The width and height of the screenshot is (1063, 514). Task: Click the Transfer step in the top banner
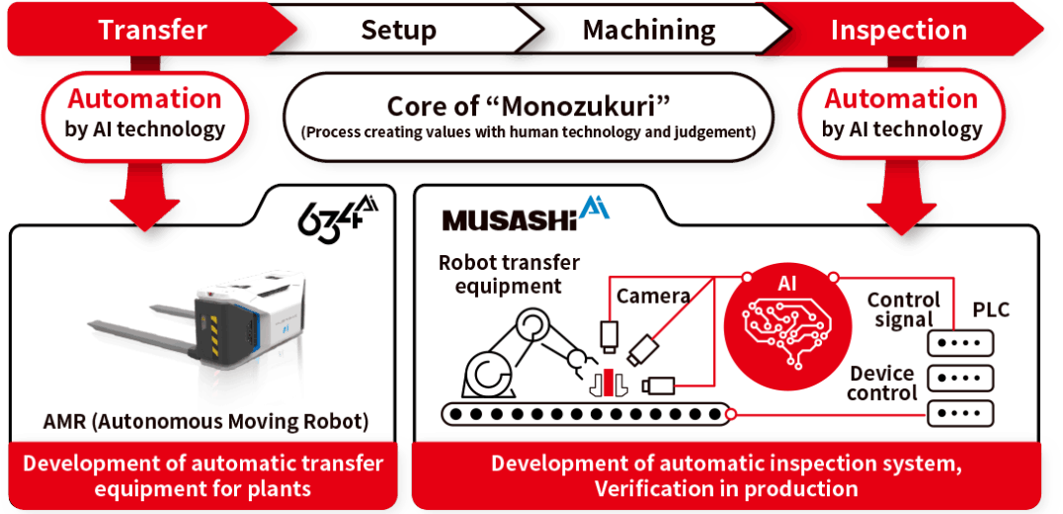pyautogui.click(x=152, y=30)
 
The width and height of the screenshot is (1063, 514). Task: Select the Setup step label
pyautogui.click(x=398, y=30)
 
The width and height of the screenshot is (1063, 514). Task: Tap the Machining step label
pyautogui.click(x=649, y=30)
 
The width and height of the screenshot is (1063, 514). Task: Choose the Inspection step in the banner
pyautogui.click(x=898, y=30)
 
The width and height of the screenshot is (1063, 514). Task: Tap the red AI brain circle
pyautogui.click(x=787, y=317)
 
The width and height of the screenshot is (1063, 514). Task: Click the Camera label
pyautogui.click(x=652, y=295)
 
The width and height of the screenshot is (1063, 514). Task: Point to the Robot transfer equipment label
pyautogui.click(x=509, y=274)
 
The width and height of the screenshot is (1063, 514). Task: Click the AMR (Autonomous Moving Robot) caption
pyautogui.click(x=205, y=421)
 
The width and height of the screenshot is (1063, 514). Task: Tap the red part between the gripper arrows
pyautogui.click(x=610, y=381)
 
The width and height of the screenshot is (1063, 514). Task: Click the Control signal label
pyautogui.click(x=903, y=309)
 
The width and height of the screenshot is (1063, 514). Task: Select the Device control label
pyautogui.click(x=882, y=383)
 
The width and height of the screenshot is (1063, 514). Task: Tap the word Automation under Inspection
pyautogui.click(x=900, y=99)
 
